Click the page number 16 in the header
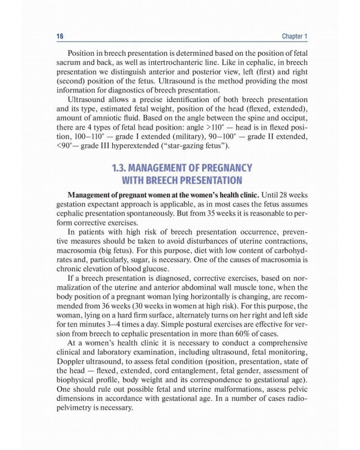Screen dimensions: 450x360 coord(60,37)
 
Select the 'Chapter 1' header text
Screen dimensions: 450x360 coord(294,37)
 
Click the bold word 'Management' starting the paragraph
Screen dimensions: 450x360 coord(92,194)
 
